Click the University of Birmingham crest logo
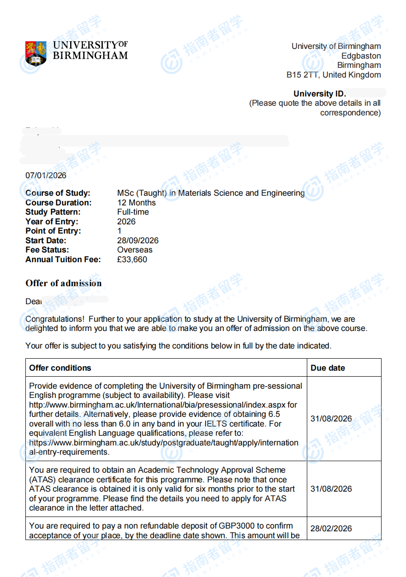36,53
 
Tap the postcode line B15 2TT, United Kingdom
334,75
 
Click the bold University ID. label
320,94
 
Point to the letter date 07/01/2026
46,175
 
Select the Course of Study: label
58,193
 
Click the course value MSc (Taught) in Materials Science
211,193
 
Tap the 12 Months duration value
137,203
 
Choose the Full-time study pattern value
133,212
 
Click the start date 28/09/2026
138,240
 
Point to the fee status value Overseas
135,250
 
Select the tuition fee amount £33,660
132,259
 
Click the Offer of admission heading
63,283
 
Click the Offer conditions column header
60,368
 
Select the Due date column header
328,368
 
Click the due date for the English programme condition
331,419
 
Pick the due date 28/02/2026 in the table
331,529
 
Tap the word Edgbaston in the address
361,56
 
